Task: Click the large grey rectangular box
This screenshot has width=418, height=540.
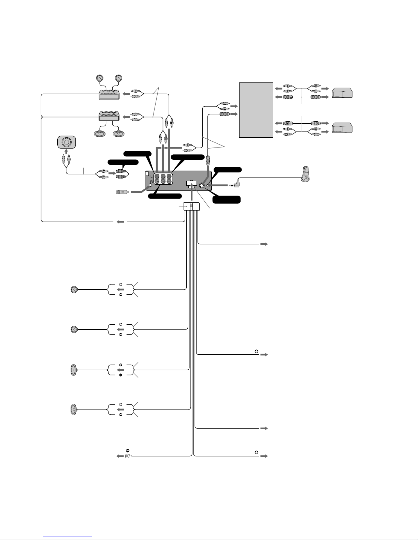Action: click(256, 110)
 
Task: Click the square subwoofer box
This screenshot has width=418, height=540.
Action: click(67, 142)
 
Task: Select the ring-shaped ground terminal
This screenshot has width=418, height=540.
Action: click(128, 456)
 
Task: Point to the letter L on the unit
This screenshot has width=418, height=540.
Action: click(151, 176)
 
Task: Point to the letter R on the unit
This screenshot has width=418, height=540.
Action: click(152, 182)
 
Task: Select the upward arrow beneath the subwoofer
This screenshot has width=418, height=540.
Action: click(66, 151)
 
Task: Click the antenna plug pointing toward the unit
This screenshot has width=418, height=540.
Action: click(122, 192)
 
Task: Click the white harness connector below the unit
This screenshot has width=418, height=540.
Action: click(191, 206)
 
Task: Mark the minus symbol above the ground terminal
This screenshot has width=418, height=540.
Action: click(128, 450)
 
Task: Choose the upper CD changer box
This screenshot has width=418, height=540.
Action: click(342, 93)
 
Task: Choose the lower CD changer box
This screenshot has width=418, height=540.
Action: click(342, 127)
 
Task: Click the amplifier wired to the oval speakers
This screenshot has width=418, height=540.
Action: click(109, 116)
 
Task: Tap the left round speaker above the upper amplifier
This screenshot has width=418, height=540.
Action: click(100, 78)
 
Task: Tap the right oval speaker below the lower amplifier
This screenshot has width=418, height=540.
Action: click(118, 134)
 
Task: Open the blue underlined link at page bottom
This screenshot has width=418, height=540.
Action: click(68, 537)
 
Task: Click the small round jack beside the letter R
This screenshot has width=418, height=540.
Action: click(150, 185)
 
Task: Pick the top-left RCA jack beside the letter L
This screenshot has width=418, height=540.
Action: click(157, 176)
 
